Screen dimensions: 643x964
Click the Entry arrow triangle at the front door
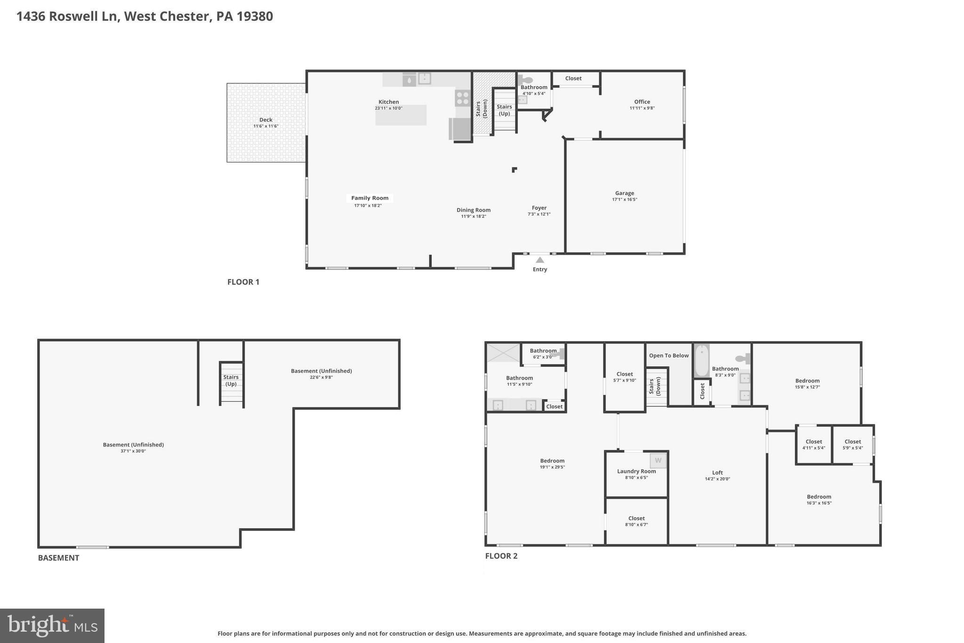540,260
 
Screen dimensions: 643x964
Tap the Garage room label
624,193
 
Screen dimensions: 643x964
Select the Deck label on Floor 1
265,120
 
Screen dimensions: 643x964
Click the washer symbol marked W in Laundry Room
658,460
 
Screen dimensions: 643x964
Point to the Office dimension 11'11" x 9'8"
642,108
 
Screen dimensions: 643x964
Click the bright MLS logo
52,626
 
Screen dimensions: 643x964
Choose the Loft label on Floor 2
717,472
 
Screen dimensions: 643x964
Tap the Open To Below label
668,356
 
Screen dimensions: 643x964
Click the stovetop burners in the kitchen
462,98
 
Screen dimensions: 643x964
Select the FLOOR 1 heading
243,282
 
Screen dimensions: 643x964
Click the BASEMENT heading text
58,558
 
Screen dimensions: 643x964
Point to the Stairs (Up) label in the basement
231,380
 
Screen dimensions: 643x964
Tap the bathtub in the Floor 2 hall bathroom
702,360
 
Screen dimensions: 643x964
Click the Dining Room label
473,210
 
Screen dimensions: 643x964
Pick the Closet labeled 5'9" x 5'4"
852,442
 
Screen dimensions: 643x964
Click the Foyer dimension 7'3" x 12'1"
539,214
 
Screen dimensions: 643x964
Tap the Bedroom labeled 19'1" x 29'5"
552,461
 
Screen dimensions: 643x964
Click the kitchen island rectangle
401,115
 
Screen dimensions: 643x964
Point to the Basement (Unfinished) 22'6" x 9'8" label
321,371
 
